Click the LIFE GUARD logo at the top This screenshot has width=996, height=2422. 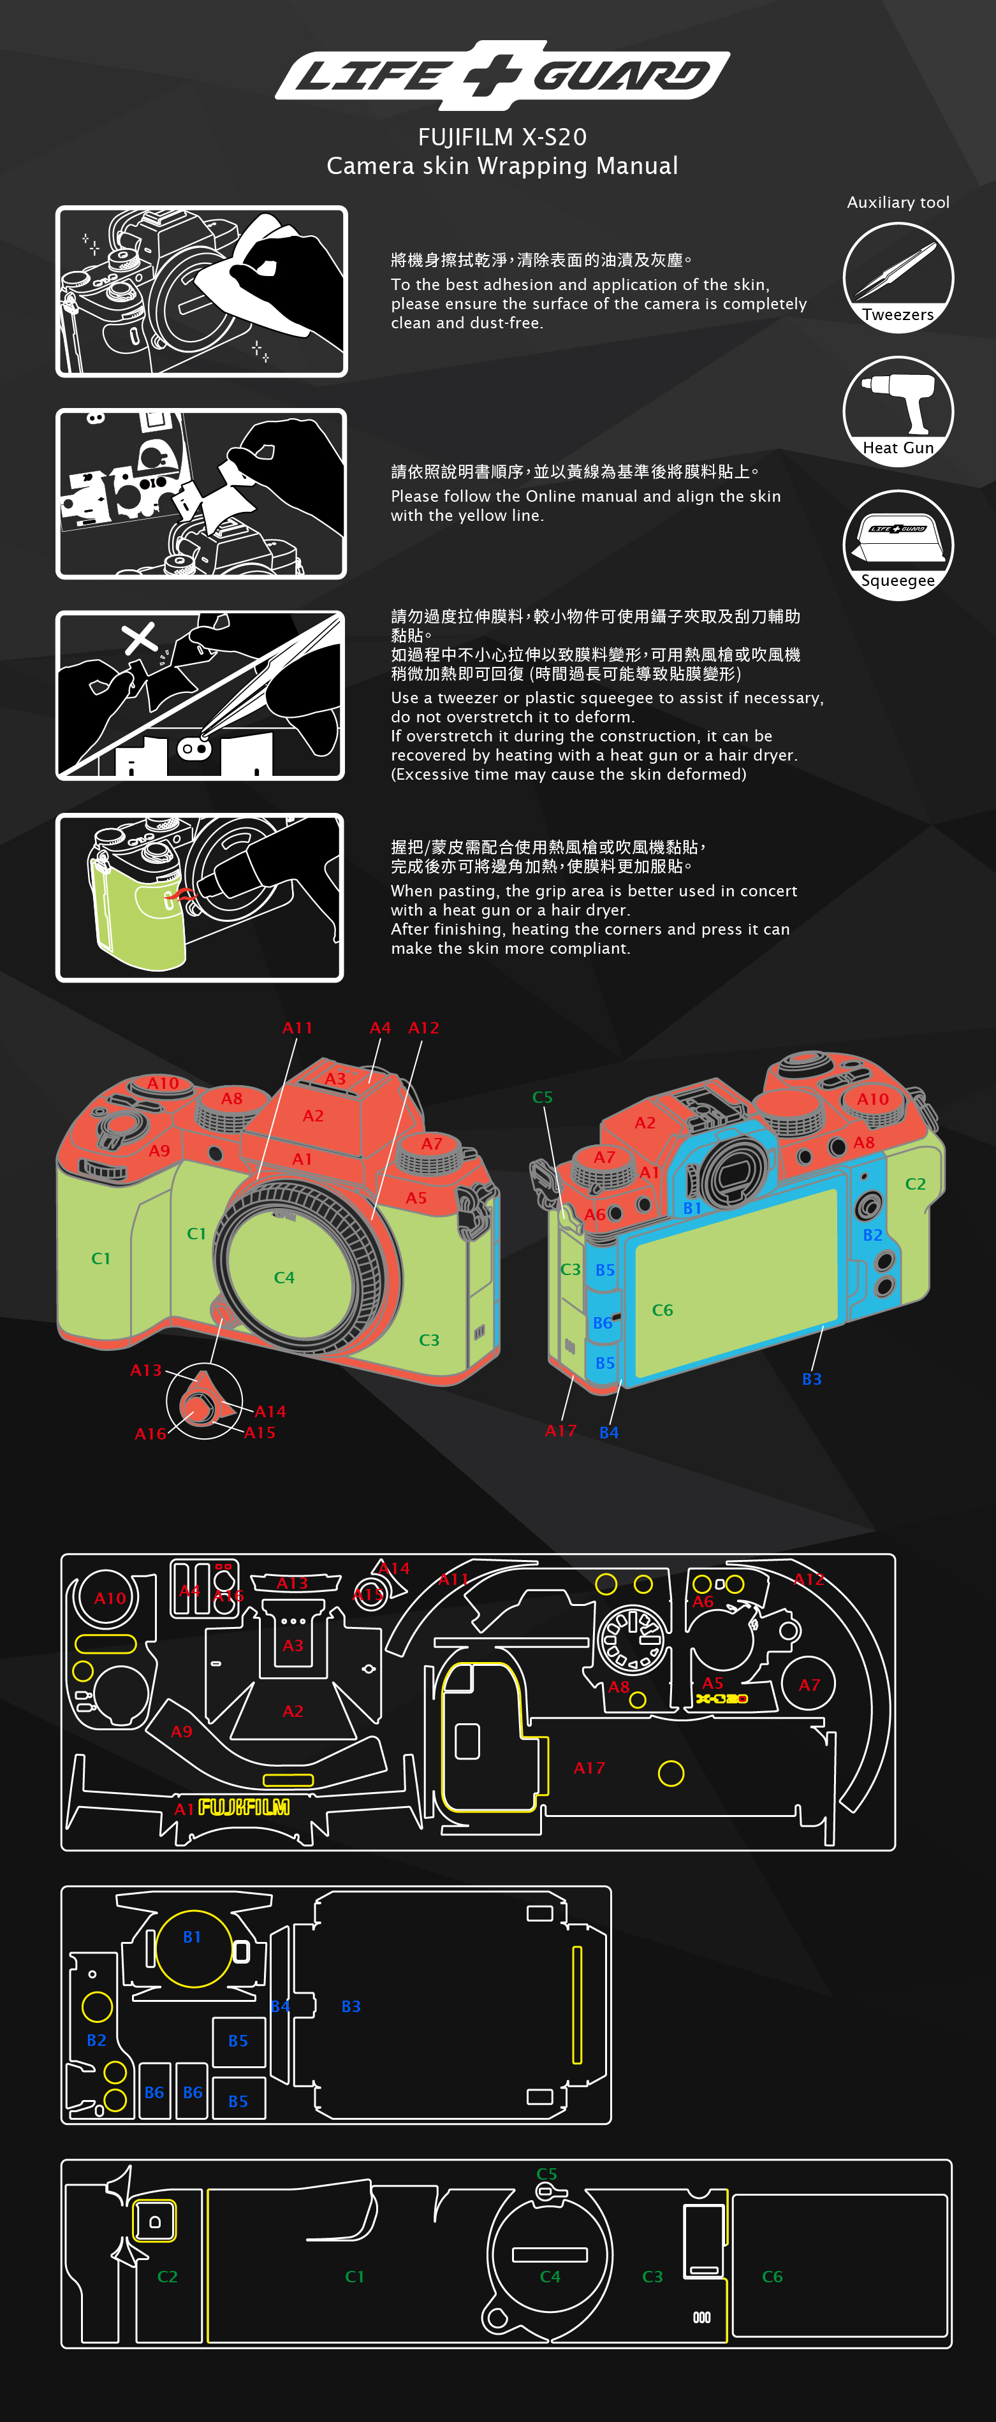pyautogui.click(x=502, y=75)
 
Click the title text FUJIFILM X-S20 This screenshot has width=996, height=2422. pyautogui.click(x=502, y=137)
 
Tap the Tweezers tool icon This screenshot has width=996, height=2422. pyautogui.click(x=898, y=277)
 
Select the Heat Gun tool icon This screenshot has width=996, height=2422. pyautogui.click(x=898, y=411)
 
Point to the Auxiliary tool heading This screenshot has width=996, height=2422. pyautogui.click(x=898, y=202)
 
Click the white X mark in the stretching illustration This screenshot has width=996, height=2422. pyautogui.click(x=140, y=638)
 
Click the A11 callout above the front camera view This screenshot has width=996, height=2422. pyautogui.click(x=297, y=1028)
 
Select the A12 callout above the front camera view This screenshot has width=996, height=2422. pyautogui.click(x=423, y=1028)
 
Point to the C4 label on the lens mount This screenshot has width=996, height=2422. pyautogui.click(x=284, y=1277)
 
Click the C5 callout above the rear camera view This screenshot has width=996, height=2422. pyautogui.click(x=543, y=1097)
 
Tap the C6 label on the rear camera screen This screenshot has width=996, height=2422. pyautogui.click(x=662, y=1309)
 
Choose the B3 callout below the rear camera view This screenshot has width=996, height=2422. pyautogui.click(x=812, y=1378)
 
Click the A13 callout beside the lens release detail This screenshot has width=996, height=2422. pyautogui.click(x=146, y=1370)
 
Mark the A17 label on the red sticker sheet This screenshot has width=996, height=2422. pyautogui.click(x=590, y=1768)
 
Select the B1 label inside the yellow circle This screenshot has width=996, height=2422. pyautogui.click(x=192, y=1937)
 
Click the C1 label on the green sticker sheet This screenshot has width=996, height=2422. pyautogui.click(x=355, y=2276)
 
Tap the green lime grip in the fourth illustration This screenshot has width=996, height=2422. pyautogui.click(x=136, y=912)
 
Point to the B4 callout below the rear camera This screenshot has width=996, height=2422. pyautogui.click(x=608, y=1432)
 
